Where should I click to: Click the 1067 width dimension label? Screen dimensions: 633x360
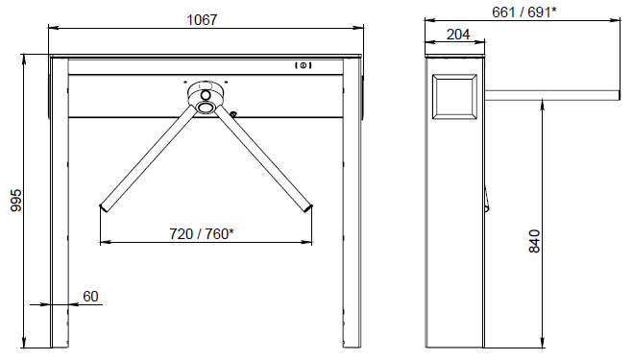pos(202,19)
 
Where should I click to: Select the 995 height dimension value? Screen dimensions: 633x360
pos(16,201)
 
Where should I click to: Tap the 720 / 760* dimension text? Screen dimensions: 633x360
pos(202,233)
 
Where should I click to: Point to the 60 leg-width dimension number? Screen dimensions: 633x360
pos(90,297)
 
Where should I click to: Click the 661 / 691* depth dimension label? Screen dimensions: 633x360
pos(524,12)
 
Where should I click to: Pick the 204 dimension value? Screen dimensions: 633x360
pos(458,35)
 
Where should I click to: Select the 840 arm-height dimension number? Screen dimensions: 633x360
pos(534,241)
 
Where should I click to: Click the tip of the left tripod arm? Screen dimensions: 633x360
pos(104,208)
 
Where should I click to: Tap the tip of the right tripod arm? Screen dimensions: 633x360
pos(308,208)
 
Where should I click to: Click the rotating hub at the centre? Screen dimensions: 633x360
pos(206,97)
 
